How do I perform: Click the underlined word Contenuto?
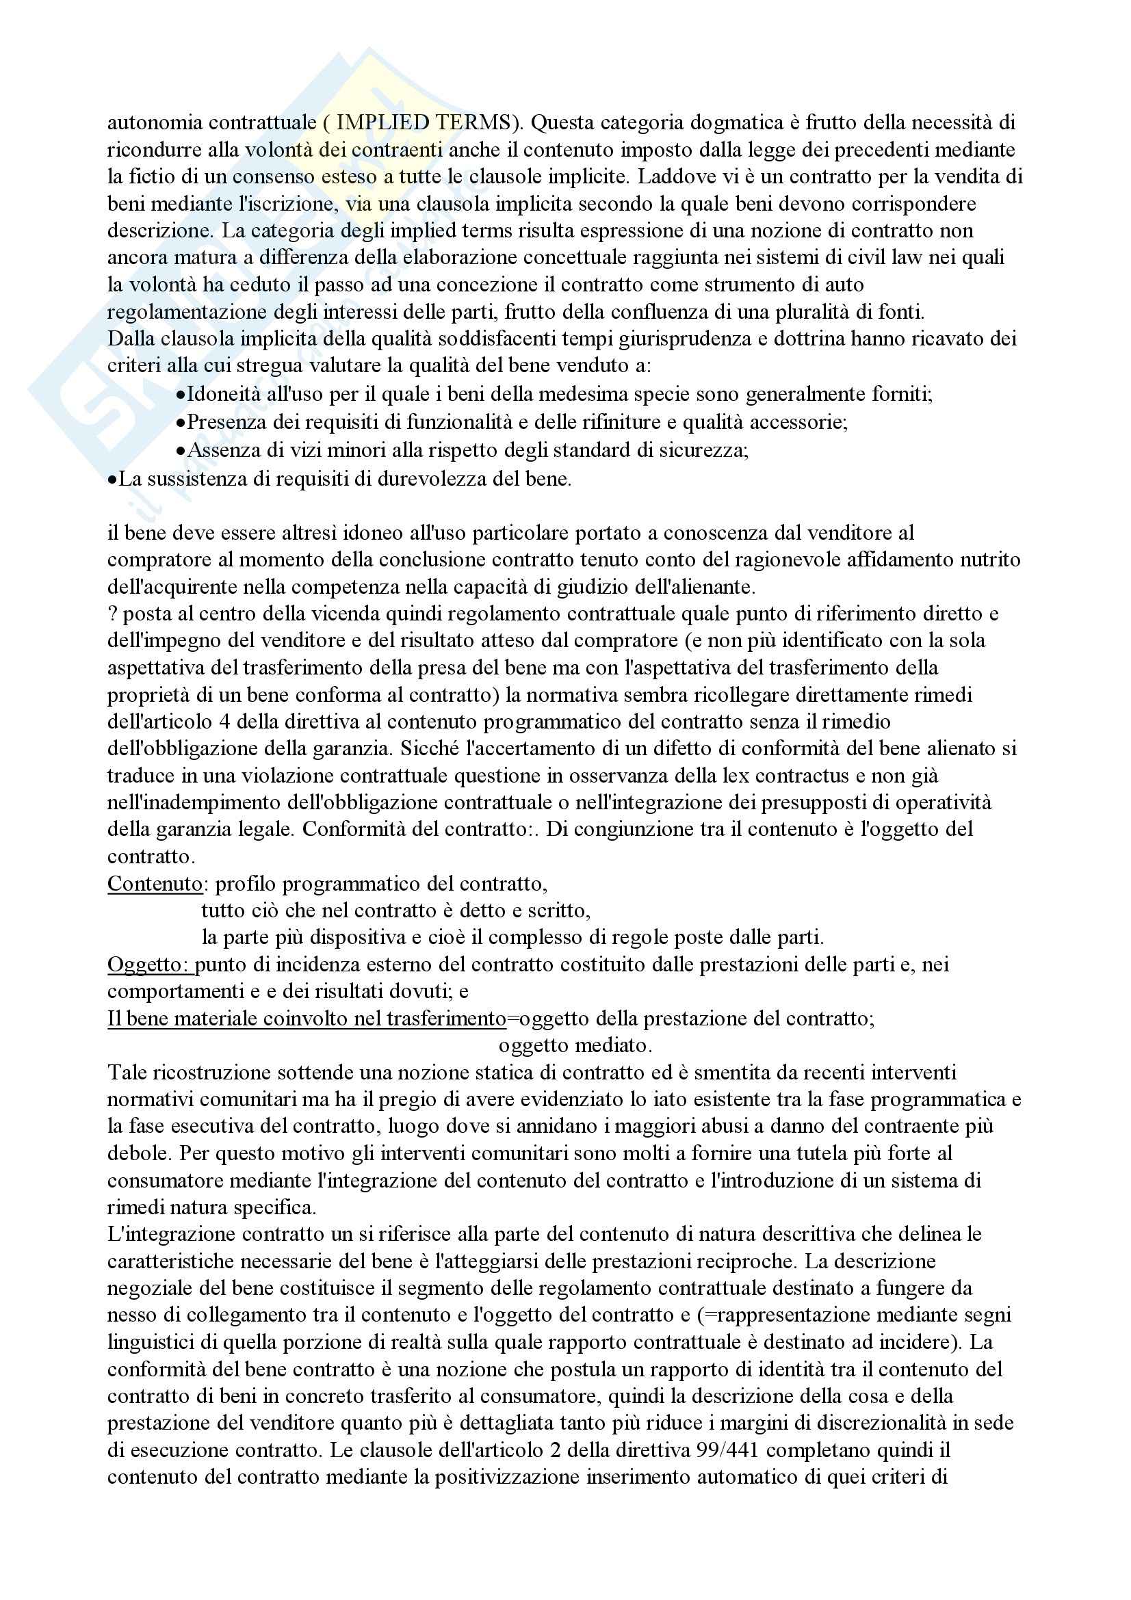(155, 884)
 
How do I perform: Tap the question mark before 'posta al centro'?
(112, 614)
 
